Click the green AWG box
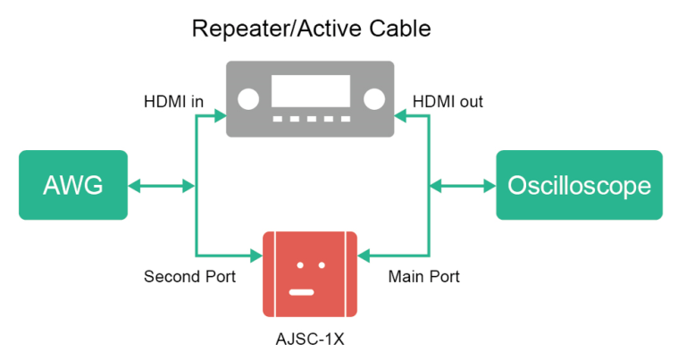72,186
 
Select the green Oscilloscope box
579,186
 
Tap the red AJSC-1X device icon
310,274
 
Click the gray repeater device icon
310,98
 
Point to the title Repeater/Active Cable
312,29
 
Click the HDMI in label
173,102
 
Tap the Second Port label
189,277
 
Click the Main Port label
423,277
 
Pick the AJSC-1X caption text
310,341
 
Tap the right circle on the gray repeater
373,98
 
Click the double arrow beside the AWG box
162,186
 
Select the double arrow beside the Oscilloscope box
462,186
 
